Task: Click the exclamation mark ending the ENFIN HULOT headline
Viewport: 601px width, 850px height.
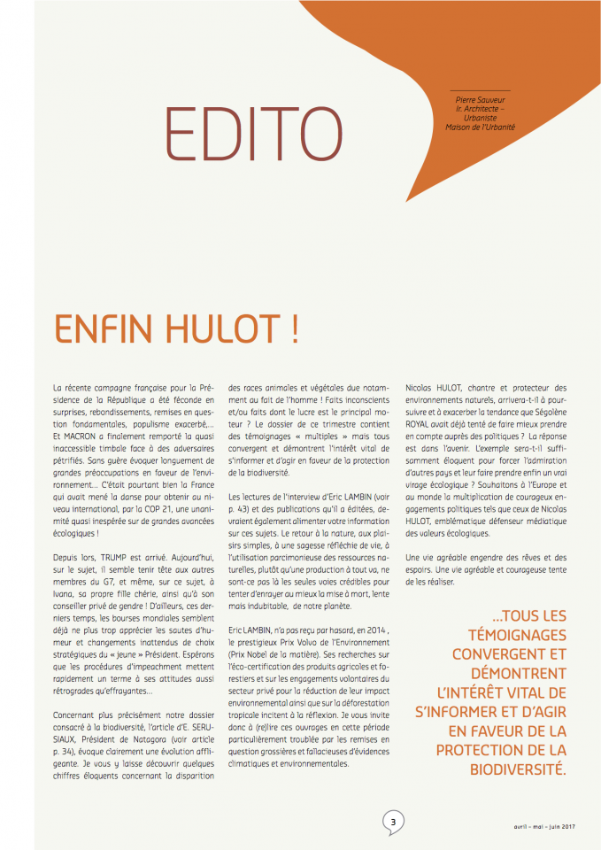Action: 291,328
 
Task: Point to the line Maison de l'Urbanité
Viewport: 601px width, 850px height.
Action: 480,127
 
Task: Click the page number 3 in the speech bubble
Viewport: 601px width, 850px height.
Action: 392,823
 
